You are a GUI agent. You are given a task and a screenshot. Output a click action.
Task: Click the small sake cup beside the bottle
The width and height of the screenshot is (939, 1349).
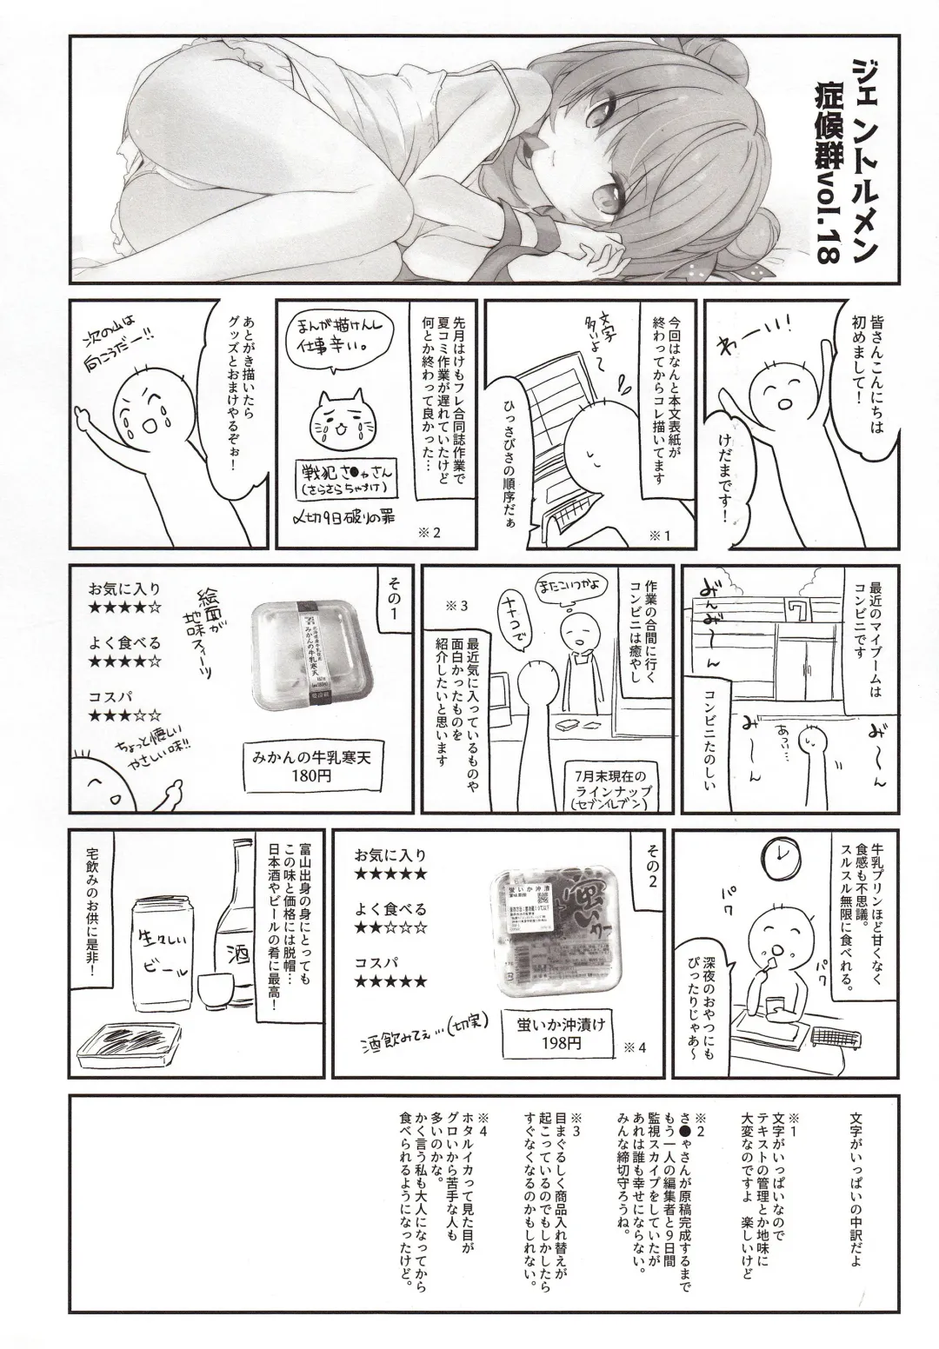click(x=210, y=989)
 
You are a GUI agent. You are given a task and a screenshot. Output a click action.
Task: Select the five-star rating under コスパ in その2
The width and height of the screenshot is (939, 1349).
click(x=390, y=982)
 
